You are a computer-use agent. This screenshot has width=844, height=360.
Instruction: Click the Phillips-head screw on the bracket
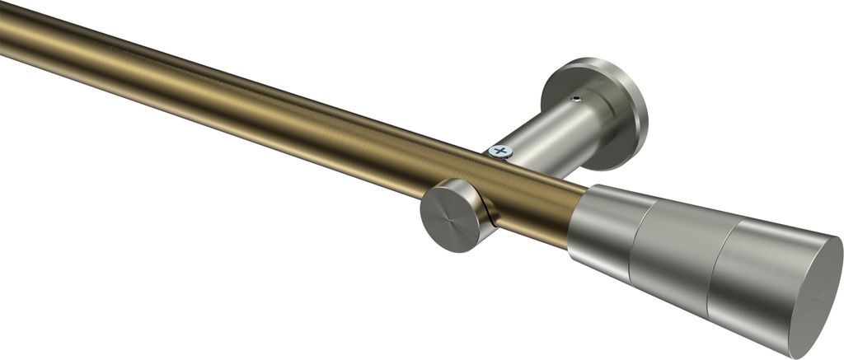click(x=499, y=151)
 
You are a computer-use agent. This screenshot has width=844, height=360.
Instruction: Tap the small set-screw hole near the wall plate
click(x=576, y=101)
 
